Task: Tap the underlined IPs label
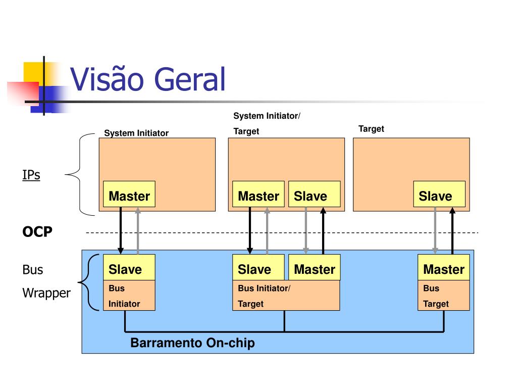click(31, 175)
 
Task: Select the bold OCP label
click(37, 231)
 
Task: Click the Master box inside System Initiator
click(129, 194)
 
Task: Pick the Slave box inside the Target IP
click(439, 194)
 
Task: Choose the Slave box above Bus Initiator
click(129, 267)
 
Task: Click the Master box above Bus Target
click(444, 267)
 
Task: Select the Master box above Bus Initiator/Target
click(315, 267)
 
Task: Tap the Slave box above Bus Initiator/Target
click(258, 267)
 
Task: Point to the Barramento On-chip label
click(192, 343)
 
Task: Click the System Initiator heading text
click(136, 133)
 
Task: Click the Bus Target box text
click(444, 296)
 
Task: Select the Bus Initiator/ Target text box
click(286, 296)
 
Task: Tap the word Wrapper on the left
click(46, 293)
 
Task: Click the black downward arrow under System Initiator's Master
click(121, 230)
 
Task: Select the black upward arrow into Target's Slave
click(452, 230)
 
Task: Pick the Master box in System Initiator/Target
click(258, 194)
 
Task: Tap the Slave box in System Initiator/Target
click(314, 194)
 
